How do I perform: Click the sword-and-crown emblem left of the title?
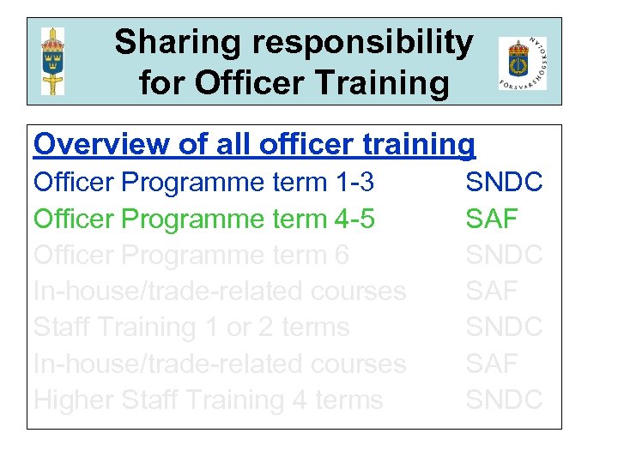pos(53,61)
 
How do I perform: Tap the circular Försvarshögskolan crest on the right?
pos(522,63)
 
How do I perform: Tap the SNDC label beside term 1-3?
pos(504,183)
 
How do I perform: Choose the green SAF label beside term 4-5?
pos(492,219)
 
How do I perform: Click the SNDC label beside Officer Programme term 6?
pos(504,255)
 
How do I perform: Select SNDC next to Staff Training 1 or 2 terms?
pos(504,327)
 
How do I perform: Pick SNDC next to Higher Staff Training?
pos(504,400)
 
